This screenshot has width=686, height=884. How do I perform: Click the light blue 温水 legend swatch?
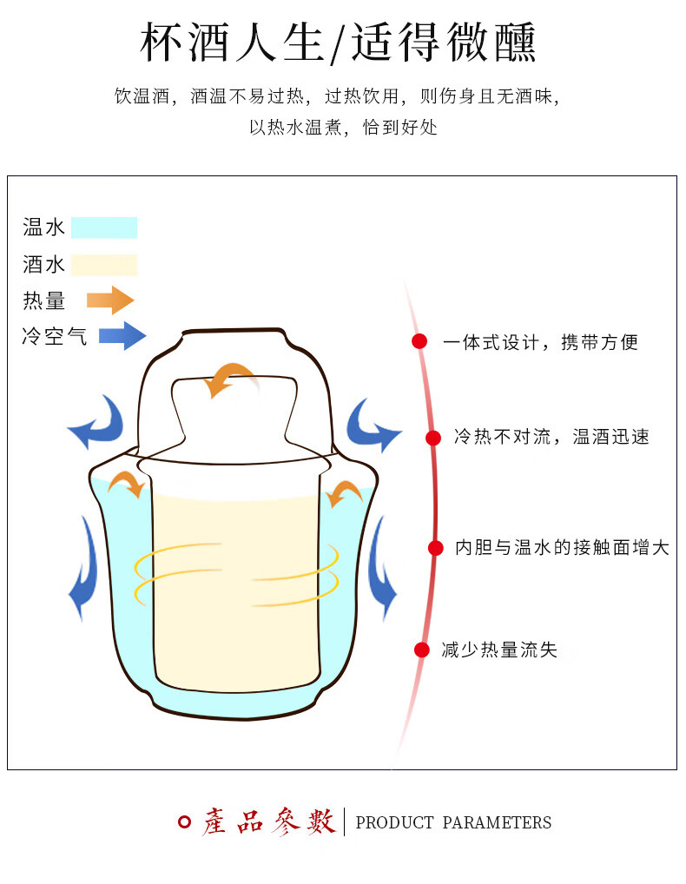pyautogui.click(x=104, y=228)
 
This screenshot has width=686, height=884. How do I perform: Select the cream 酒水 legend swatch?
pyautogui.click(x=104, y=264)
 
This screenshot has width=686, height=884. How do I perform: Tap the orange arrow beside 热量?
pyautogui.click(x=110, y=300)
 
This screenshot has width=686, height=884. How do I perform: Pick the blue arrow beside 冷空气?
pyautogui.click(x=122, y=335)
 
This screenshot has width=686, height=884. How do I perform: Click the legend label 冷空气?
pyautogui.click(x=55, y=336)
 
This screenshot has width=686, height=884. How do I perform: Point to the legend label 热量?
pyautogui.click(x=44, y=300)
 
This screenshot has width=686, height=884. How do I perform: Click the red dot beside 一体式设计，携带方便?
pyautogui.click(x=419, y=341)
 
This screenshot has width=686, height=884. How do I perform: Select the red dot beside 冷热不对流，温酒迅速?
pyautogui.click(x=432, y=438)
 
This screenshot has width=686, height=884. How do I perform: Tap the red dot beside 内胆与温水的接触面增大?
pyautogui.click(x=436, y=548)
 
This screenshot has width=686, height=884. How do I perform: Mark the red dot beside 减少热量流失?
pyautogui.click(x=422, y=650)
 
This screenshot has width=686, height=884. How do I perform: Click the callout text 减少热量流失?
pyautogui.click(x=499, y=650)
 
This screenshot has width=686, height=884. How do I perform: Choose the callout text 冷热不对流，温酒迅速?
pyautogui.click(x=551, y=437)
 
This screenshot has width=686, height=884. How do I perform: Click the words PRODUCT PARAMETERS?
pyautogui.click(x=453, y=822)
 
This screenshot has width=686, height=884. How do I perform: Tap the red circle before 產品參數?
pyautogui.click(x=184, y=821)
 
